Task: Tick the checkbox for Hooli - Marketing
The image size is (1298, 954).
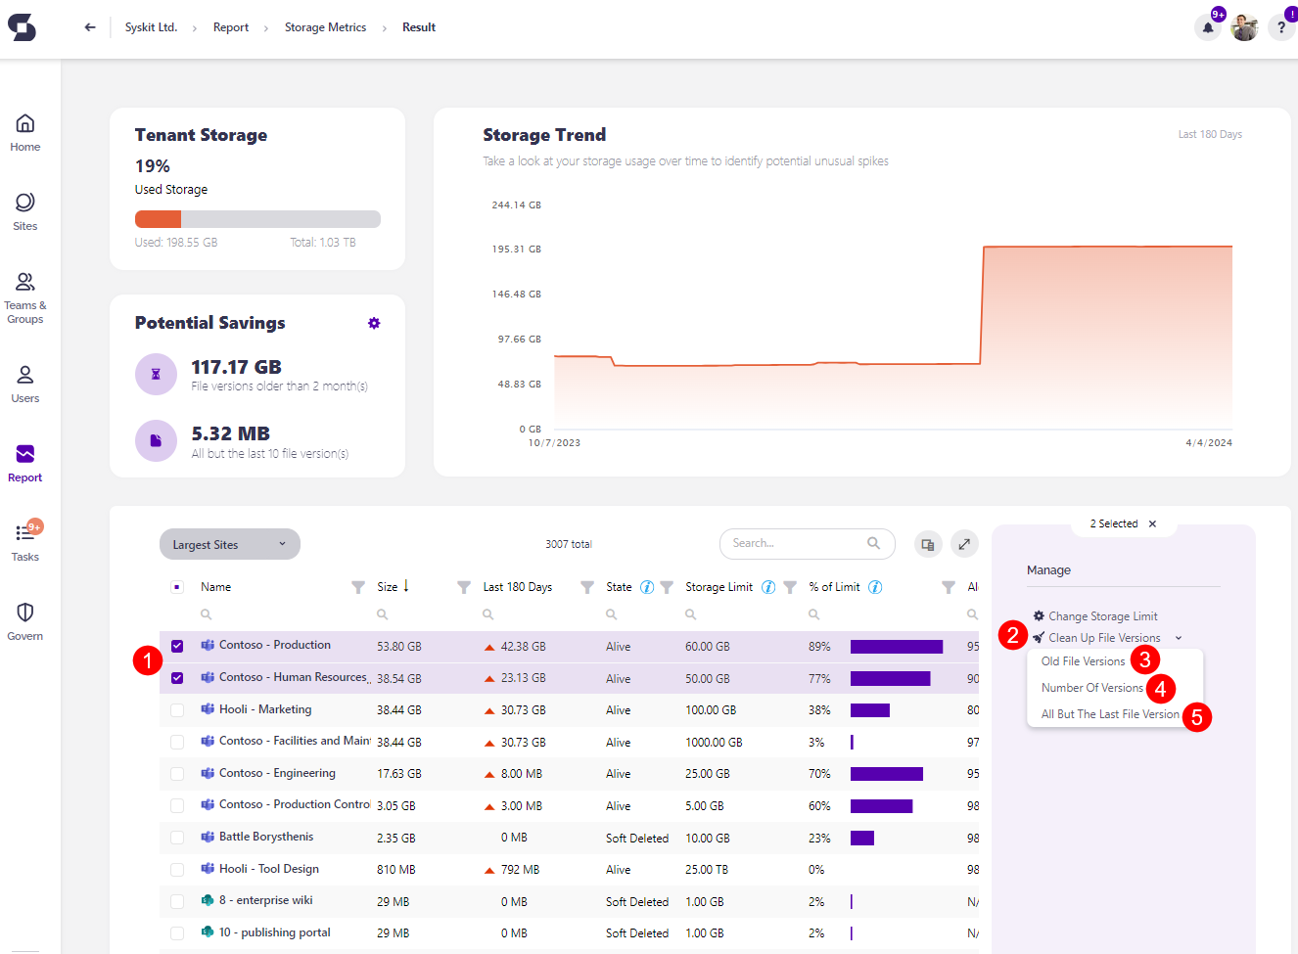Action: [177, 710]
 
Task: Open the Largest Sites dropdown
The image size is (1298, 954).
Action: [229, 545]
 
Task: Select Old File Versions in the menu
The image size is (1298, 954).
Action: [1083, 661]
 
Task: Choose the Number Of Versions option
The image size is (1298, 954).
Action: [1091, 688]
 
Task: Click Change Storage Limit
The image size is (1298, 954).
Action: [1102, 616]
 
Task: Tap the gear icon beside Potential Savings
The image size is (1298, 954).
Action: [374, 323]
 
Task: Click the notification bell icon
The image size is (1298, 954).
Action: [1208, 27]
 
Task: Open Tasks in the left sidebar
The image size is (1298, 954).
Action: [25, 541]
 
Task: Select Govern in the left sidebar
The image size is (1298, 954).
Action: [25, 620]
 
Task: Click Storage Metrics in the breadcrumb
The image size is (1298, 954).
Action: [325, 27]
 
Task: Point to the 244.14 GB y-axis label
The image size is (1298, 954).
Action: [516, 205]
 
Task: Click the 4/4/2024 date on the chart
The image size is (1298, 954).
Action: [1208, 443]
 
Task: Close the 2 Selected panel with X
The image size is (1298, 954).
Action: [1152, 524]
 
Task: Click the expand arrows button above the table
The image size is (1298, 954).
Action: [964, 544]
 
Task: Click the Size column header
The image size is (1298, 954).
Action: [388, 587]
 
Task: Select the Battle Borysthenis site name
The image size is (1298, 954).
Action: [266, 837]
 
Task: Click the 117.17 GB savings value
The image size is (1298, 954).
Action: [236, 367]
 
